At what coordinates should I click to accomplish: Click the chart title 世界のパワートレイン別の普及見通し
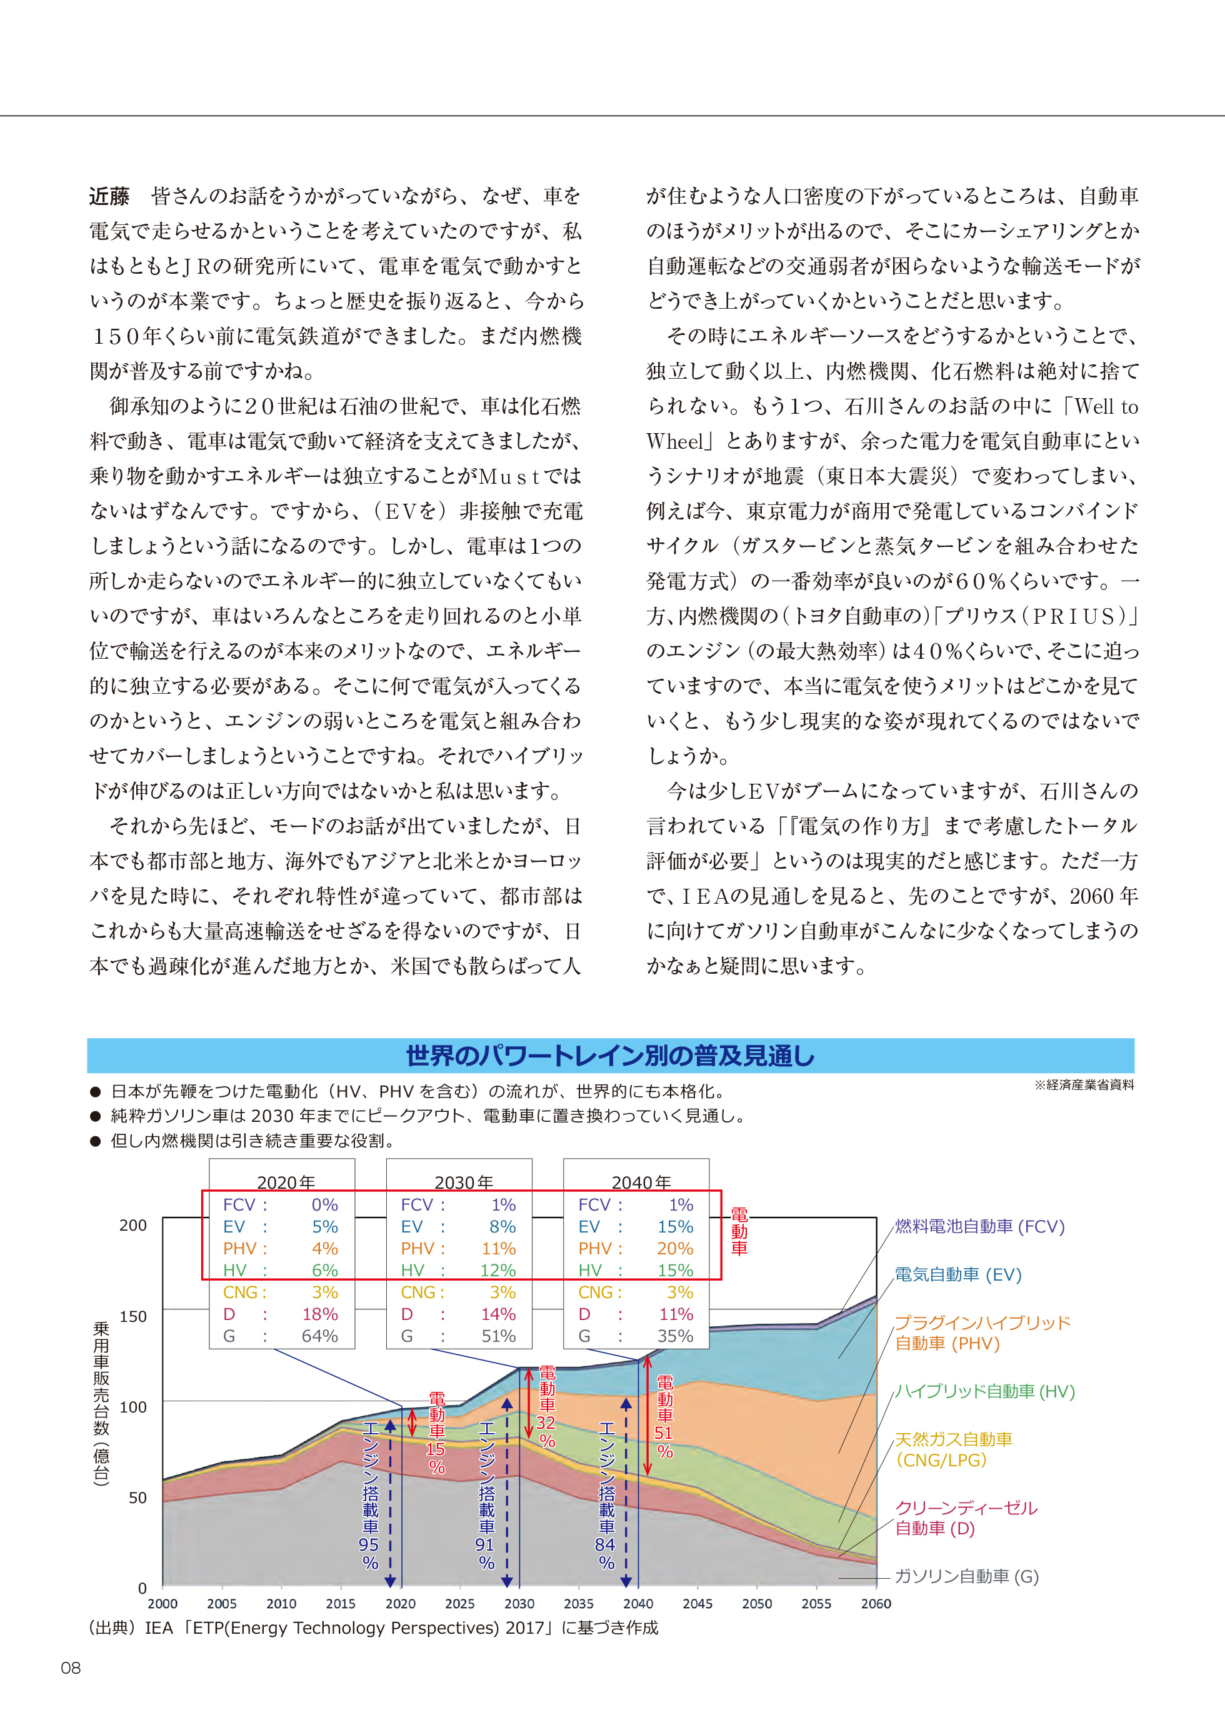(610, 1056)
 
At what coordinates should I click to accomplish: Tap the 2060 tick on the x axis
(876, 1603)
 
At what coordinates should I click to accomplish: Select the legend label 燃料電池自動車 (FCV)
(979, 1226)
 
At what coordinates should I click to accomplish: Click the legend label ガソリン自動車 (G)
(966, 1576)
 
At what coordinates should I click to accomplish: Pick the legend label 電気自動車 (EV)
(958, 1274)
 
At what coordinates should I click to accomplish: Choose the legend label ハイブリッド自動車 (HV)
(984, 1391)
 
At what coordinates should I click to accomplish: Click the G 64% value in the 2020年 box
(320, 1336)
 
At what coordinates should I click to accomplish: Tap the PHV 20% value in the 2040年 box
(675, 1249)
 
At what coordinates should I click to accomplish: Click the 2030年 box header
(463, 1182)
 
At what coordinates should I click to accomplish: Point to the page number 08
(71, 1667)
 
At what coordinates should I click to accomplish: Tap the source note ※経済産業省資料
(1084, 1084)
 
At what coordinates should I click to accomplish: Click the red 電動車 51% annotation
(664, 1417)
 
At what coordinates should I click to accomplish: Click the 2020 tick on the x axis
(401, 1603)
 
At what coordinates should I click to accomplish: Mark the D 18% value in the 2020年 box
(320, 1314)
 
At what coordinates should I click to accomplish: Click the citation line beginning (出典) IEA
(373, 1627)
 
